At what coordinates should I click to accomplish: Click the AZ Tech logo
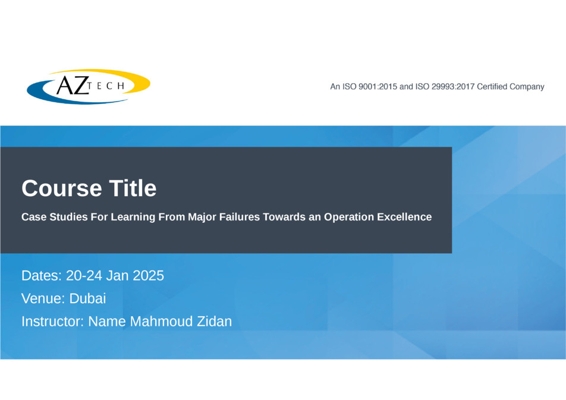click(89, 87)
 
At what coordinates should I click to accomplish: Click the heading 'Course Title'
click(89, 188)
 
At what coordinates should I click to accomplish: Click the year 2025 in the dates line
click(149, 275)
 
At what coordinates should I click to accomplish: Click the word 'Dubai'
click(87, 298)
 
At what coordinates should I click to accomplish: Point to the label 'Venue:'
click(43, 298)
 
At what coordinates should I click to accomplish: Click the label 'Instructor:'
click(53, 322)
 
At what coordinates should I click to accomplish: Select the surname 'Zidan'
click(214, 322)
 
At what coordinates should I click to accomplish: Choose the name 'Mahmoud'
click(161, 322)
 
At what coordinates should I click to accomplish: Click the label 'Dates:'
click(42, 275)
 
